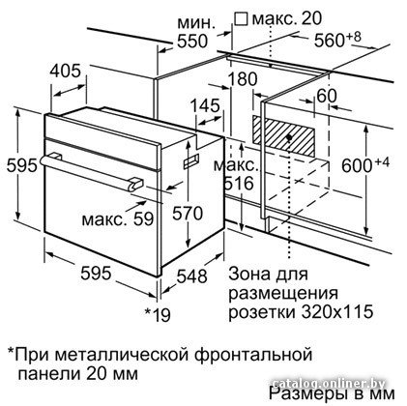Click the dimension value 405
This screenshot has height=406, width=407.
click(x=65, y=71)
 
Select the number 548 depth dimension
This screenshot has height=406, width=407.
click(x=192, y=276)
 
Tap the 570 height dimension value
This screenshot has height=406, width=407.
click(x=188, y=214)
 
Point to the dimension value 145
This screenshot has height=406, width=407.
click(x=205, y=105)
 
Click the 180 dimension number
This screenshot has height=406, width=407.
click(x=243, y=79)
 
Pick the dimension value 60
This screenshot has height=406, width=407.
click(x=327, y=96)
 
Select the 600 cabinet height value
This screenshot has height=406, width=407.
click(x=357, y=165)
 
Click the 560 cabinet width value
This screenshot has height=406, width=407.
click(x=330, y=41)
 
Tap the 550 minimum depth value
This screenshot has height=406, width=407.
click(x=192, y=42)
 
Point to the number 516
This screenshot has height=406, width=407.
click(x=239, y=184)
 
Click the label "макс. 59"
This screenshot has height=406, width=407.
click(x=118, y=219)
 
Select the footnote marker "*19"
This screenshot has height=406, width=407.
click(x=158, y=314)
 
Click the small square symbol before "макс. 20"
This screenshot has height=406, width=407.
click(x=241, y=19)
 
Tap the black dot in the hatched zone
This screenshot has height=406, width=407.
click(x=289, y=137)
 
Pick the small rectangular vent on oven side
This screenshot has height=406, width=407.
click(x=191, y=160)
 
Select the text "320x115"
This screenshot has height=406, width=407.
click(x=337, y=311)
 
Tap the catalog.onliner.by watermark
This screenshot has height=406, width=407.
click(x=329, y=384)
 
